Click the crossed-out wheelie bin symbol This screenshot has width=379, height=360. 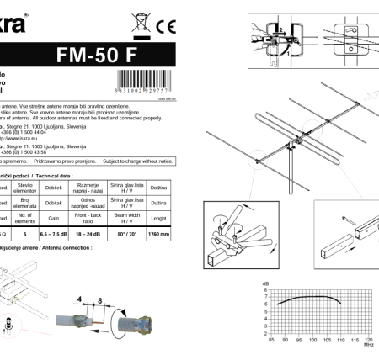138,23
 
